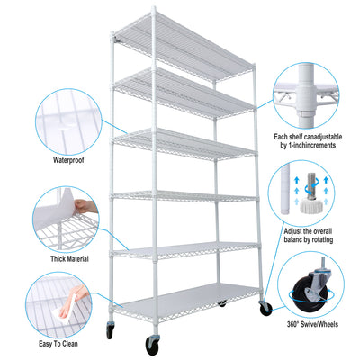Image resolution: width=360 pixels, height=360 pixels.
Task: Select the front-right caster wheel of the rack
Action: (265, 308)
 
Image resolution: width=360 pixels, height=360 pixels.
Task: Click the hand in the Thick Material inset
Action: (82, 208)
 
